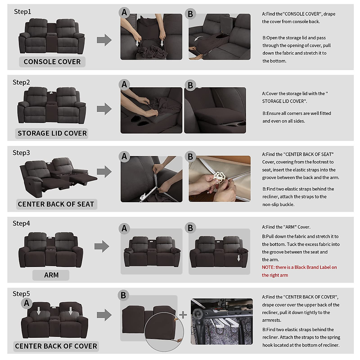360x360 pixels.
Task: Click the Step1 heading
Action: pos(22,12)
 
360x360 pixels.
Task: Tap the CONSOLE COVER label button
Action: pos(52,62)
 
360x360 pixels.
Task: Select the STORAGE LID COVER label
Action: pos(52,133)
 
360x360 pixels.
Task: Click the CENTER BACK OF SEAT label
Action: pos(56,204)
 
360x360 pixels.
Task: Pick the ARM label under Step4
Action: pos(51,275)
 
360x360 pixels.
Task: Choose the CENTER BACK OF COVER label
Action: pos(56,346)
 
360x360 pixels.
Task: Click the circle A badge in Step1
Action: pos(124,12)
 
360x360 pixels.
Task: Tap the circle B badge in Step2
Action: pos(190,85)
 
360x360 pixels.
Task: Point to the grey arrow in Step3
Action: pos(104,172)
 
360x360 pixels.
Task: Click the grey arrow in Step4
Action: pos(102,246)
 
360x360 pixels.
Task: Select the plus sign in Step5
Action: pos(183,315)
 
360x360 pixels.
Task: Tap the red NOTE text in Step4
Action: pos(299,271)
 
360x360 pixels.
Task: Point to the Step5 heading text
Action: pos(21,294)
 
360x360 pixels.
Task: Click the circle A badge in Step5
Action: pos(27,303)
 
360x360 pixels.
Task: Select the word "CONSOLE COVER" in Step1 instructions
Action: pos(302,14)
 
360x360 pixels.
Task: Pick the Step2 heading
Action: pos(21,82)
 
